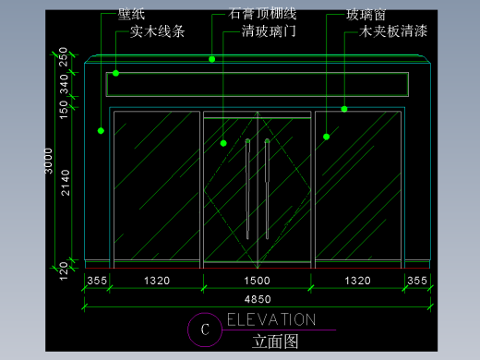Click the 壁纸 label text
(x=131, y=16)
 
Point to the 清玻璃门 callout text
(x=268, y=31)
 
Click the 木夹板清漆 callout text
(x=393, y=31)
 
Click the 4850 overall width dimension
(x=257, y=299)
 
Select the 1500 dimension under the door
(x=257, y=280)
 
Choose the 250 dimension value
(x=65, y=57)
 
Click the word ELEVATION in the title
(x=270, y=320)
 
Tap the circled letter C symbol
(x=206, y=329)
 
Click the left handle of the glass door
(x=247, y=185)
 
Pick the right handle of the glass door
(x=267, y=185)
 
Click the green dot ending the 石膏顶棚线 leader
(x=211, y=59)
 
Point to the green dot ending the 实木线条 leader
(x=116, y=72)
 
